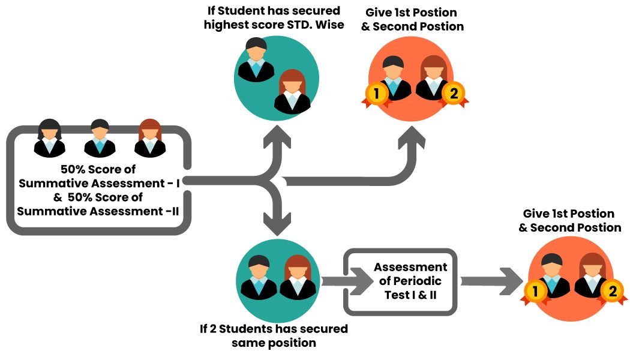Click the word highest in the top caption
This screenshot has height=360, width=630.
(229, 26)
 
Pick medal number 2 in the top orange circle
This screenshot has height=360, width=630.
(453, 94)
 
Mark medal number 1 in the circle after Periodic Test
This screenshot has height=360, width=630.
(534, 292)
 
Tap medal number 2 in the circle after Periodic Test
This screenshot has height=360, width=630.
(612, 292)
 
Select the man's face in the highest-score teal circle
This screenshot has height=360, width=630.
(256, 52)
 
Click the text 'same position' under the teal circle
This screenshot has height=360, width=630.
(274, 343)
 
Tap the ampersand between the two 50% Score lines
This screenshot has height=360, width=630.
(58, 197)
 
